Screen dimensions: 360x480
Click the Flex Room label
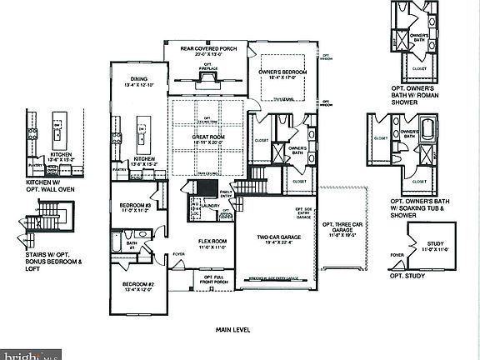[212, 245]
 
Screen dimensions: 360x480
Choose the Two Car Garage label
[279, 240]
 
